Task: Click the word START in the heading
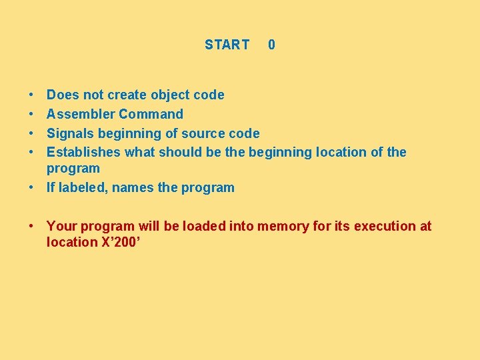[227, 45]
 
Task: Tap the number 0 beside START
[271, 45]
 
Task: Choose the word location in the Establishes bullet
[340, 152]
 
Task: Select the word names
[133, 187]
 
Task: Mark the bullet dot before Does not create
[32, 95]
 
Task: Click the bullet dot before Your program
[32, 227]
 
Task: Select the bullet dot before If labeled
[32, 188]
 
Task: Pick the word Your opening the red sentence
[61, 226]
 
